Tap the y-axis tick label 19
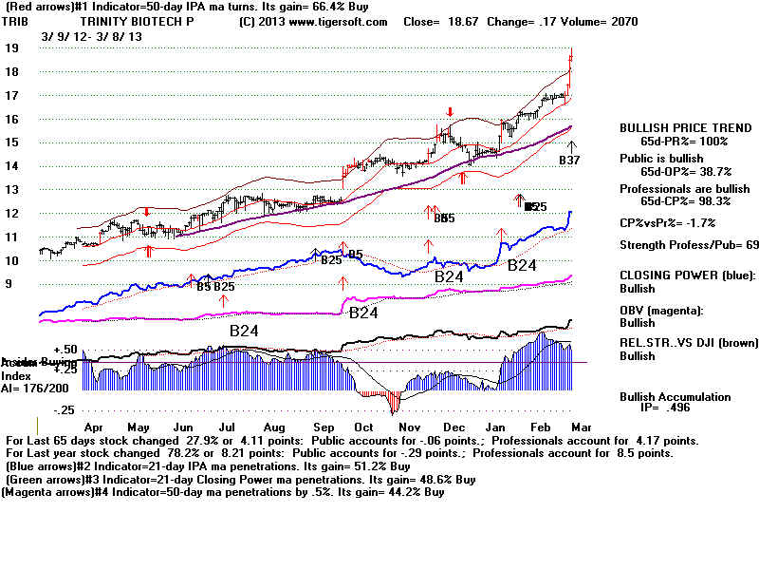pyautogui.click(x=12, y=47)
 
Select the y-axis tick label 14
pyautogui.click(x=12, y=166)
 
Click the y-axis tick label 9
pyautogui.click(x=9, y=284)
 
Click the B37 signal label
pyautogui.click(x=569, y=161)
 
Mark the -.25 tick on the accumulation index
pyautogui.click(x=63, y=410)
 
